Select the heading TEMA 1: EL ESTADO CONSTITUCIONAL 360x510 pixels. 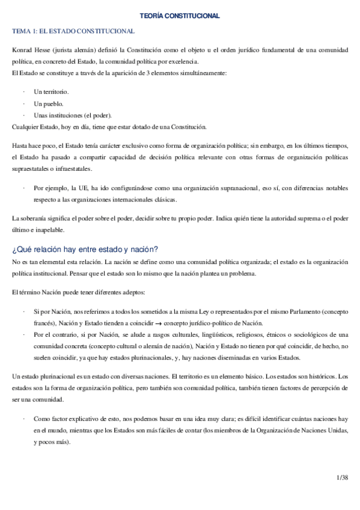click(x=73, y=31)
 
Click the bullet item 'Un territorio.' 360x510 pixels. click(x=51, y=91)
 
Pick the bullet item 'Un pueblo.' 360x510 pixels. click(x=49, y=103)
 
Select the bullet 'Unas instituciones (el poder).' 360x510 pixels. click(x=73, y=115)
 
